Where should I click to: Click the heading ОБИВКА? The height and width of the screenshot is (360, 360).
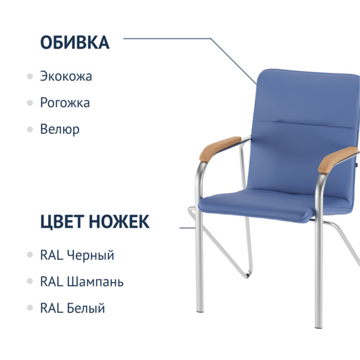(75, 42)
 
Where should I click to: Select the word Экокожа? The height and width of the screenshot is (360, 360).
(66, 77)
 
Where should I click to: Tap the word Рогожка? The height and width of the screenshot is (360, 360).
(65, 103)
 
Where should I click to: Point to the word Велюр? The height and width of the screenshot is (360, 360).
(60, 130)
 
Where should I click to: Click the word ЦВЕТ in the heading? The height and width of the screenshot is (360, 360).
(60, 221)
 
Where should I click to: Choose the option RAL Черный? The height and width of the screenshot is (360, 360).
(77, 255)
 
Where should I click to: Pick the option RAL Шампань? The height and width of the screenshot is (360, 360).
(82, 282)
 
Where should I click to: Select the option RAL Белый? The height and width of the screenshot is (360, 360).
(72, 308)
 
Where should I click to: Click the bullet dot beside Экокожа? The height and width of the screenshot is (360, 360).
(30, 77)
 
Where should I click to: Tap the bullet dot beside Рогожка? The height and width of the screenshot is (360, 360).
(30, 103)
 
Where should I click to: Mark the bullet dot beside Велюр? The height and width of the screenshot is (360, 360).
(30, 130)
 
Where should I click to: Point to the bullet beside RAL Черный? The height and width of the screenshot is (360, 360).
(30, 255)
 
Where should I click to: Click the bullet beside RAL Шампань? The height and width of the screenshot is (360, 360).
(30, 282)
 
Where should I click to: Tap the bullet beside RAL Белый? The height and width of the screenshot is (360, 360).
(30, 308)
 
